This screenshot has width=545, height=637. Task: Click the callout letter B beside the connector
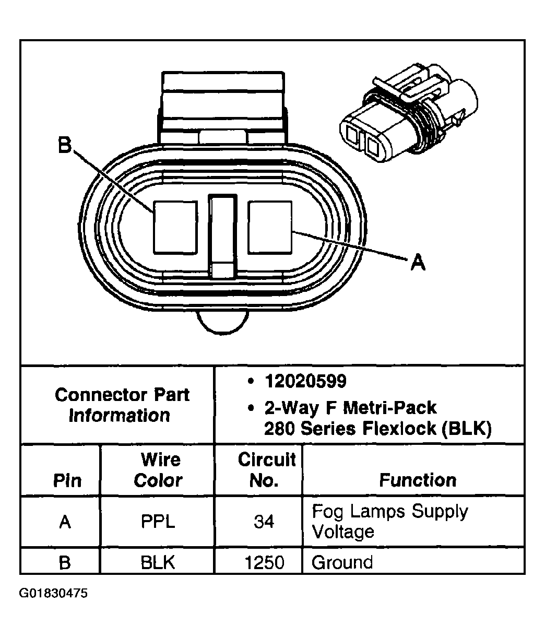point(64,146)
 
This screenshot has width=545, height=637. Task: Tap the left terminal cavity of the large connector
point(175,228)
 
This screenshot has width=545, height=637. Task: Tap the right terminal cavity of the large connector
point(270,228)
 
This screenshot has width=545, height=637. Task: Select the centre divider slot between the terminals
point(222,235)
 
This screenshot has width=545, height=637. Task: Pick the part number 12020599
point(305,382)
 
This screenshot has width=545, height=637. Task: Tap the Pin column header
point(67,480)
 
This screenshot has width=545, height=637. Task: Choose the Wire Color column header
point(158,470)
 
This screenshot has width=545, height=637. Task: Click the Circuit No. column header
point(266,470)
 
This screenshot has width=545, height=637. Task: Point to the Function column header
point(417,480)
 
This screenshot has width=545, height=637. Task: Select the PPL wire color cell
point(158,522)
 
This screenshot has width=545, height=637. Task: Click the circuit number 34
point(264,522)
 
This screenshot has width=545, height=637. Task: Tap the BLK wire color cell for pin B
point(158,562)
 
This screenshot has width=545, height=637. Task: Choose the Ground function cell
point(342,562)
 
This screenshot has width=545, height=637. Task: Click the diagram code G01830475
point(54,594)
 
